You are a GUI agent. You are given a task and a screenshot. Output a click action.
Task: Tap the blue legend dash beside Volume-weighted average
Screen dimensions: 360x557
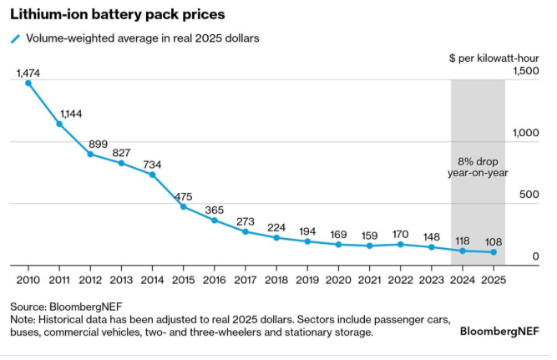14,39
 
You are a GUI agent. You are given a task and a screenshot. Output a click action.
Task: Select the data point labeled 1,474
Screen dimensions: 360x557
28,83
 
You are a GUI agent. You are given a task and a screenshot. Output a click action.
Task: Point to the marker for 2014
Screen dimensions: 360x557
152,175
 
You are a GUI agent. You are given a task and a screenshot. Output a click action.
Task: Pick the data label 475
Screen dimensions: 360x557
185,197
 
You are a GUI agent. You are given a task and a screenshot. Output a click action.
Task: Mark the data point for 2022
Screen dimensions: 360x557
401,244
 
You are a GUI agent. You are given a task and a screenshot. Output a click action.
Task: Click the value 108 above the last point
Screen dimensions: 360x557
495,241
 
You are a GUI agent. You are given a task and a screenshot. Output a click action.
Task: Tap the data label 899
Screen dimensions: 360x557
99,144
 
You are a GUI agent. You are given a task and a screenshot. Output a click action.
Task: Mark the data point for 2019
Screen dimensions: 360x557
308,241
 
